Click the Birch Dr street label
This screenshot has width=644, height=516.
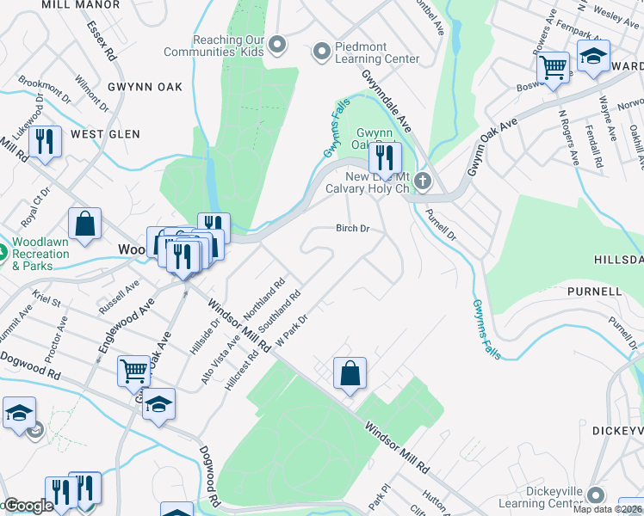(x=352, y=229)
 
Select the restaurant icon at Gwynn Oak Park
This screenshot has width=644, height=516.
(x=385, y=157)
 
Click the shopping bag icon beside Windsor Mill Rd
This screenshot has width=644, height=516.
(x=350, y=374)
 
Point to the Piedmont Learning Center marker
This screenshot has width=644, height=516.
(x=322, y=52)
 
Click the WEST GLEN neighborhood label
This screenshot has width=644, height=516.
(x=105, y=134)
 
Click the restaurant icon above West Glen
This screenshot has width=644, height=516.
(x=45, y=142)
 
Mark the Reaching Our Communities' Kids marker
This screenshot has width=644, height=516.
(x=277, y=43)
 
